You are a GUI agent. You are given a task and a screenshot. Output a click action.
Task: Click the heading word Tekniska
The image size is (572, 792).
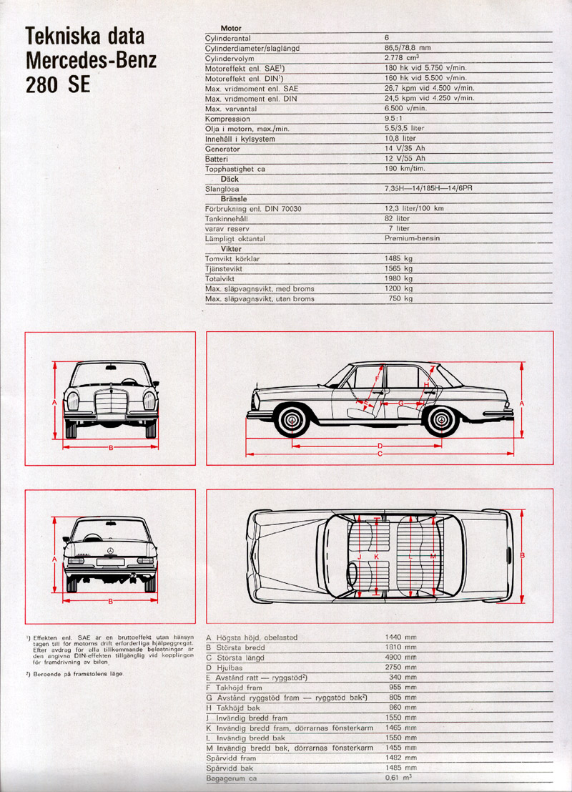pyautogui.click(x=85, y=36)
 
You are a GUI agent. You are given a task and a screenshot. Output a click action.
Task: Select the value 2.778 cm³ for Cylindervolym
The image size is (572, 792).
pyautogui.click(x=402, y=57)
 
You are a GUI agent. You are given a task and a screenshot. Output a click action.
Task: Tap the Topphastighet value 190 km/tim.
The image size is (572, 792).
pyautogui.click(x=405, y=168)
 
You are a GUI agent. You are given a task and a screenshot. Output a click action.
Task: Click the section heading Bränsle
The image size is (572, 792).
pyautogui.click(x=234, y=198)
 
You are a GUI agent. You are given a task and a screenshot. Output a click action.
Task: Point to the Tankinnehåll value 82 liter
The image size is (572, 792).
pyautogui.click(x=398, y=218)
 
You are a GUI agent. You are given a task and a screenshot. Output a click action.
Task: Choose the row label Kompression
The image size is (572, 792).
pyautogui.click(x=227, y=119)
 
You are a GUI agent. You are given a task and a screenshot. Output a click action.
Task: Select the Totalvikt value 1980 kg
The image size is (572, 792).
pyautogui.click(x=399, y=278)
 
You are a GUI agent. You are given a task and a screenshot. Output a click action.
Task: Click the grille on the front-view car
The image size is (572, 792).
pyautogui.click(x=111, y=402)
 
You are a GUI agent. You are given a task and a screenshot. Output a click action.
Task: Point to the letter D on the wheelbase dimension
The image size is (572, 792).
pyautogui.click(x=380, y=446)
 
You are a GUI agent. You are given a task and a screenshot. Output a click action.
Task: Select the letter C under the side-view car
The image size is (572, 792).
pyautogui.click(x=380, y=454)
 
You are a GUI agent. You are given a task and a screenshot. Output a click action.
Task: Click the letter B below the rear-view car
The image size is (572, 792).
pyautogui.click(x=111, y=600)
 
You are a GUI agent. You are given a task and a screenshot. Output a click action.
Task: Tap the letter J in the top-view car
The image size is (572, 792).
pyautogui.click(x=360, y=556)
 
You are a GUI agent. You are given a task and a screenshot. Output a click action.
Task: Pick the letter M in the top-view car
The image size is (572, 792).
pyautogui.click(x=433, y=556)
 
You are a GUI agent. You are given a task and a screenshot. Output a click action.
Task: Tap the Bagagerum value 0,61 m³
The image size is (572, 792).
pyautogui.click(x=398, y=778)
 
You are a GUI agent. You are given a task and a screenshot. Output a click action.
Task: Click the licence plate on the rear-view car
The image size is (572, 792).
pyautogui.click(x=111, y=562)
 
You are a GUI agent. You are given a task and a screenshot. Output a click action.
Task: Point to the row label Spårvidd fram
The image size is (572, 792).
pyautogui.click(x=231, y=758)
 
